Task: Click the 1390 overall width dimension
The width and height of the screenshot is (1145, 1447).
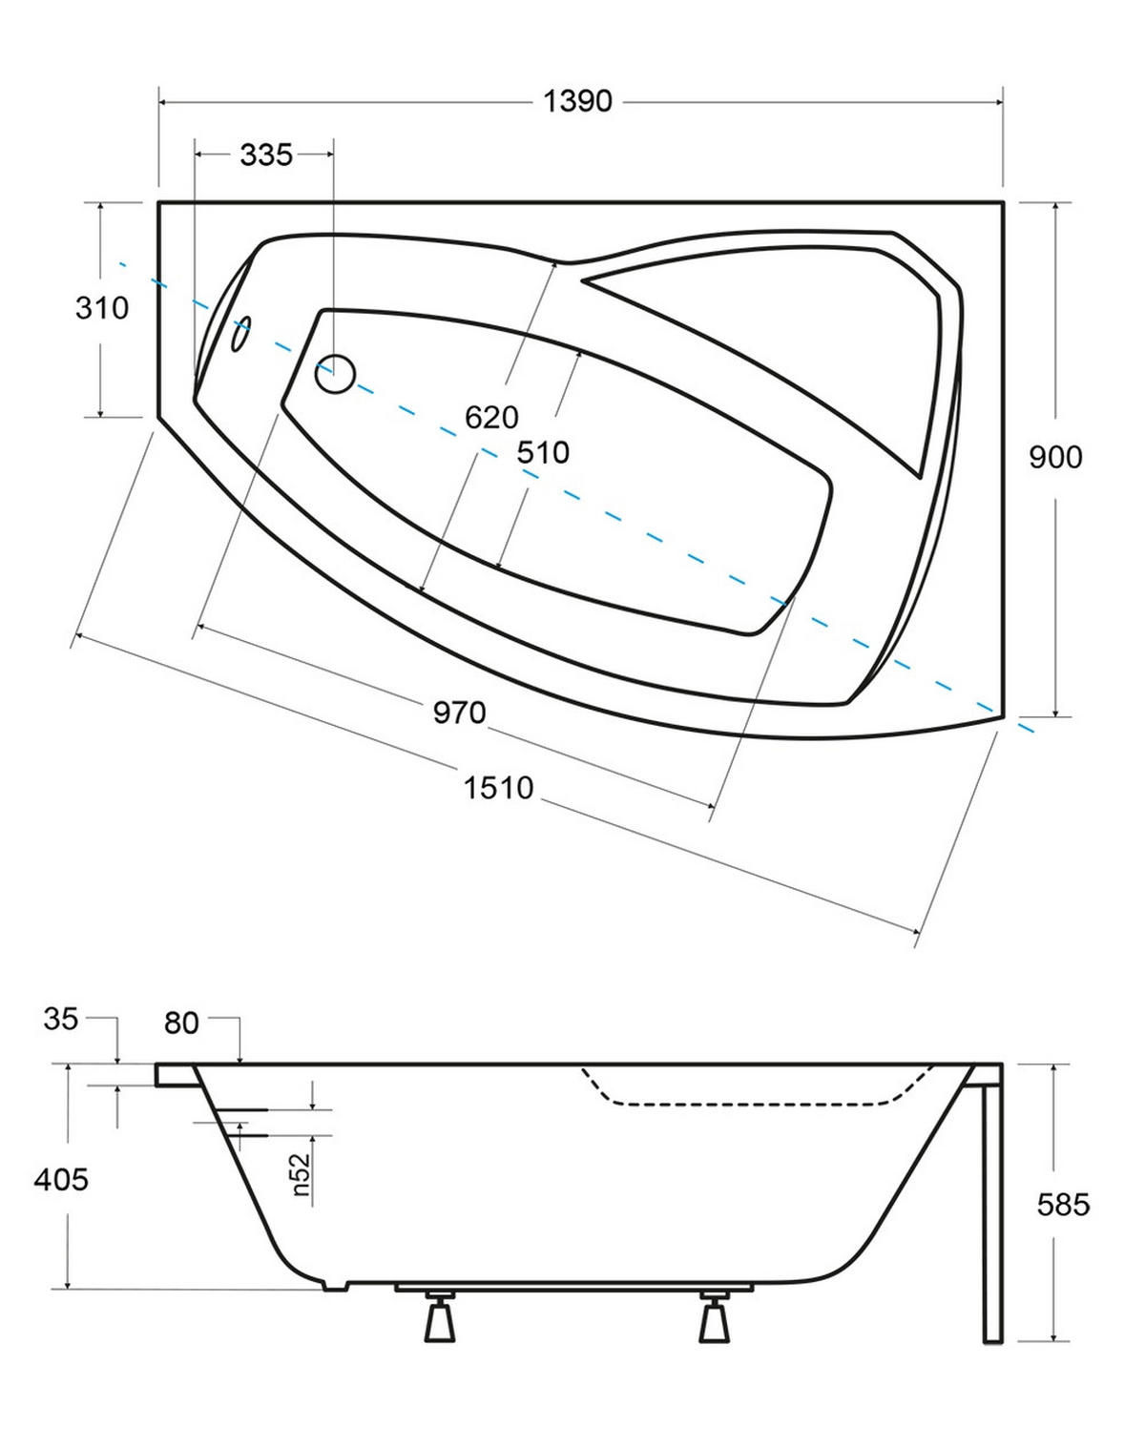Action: (x=577, y=101)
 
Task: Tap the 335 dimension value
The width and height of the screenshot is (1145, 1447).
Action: (x=266, y=155)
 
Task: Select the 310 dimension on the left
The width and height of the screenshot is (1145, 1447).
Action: (x=101, y=308)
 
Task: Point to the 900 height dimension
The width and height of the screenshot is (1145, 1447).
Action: (x=1055, y=457)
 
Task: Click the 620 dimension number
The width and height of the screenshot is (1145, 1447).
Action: (x=491, y=418)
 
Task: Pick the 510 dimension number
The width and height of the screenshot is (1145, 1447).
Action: (x=543, y=452)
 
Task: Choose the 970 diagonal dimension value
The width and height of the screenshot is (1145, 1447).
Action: (x=459, y=713)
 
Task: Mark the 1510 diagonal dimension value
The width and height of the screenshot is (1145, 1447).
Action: (x=498, y=787)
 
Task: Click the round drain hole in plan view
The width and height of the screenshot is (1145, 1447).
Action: (x=335, y=374)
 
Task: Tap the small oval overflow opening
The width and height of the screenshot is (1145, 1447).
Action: (x=240, y=334)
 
